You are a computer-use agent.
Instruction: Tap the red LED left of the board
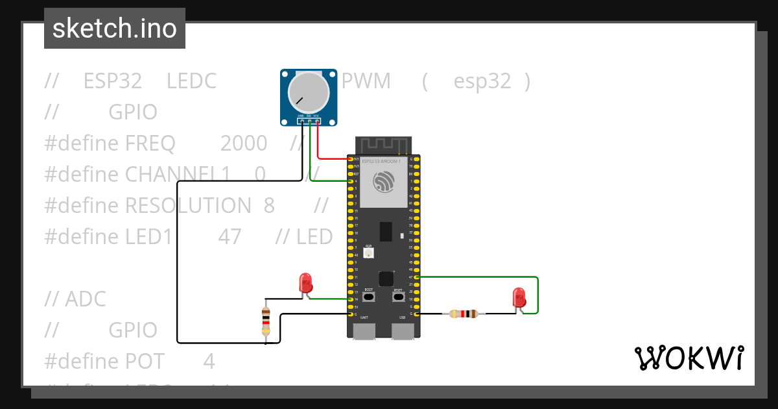click(x=305, y=282)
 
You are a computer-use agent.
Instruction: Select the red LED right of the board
click(x=519, y=297)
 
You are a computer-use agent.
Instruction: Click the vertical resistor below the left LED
click(x=265, y=321)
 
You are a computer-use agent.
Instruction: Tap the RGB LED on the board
click(x=368, y=254)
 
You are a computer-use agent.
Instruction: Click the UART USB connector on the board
click(x=364, y=330)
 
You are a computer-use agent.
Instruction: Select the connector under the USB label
click(x=403, y=330)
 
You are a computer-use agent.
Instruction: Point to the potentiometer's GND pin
click(x=302, y=121)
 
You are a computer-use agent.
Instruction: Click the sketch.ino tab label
click(x=115, y=29)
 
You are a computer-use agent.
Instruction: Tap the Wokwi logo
click(x=688, y=358)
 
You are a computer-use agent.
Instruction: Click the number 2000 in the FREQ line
click(x=244, y=143)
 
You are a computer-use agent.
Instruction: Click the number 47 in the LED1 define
click(x=230, y=236)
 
